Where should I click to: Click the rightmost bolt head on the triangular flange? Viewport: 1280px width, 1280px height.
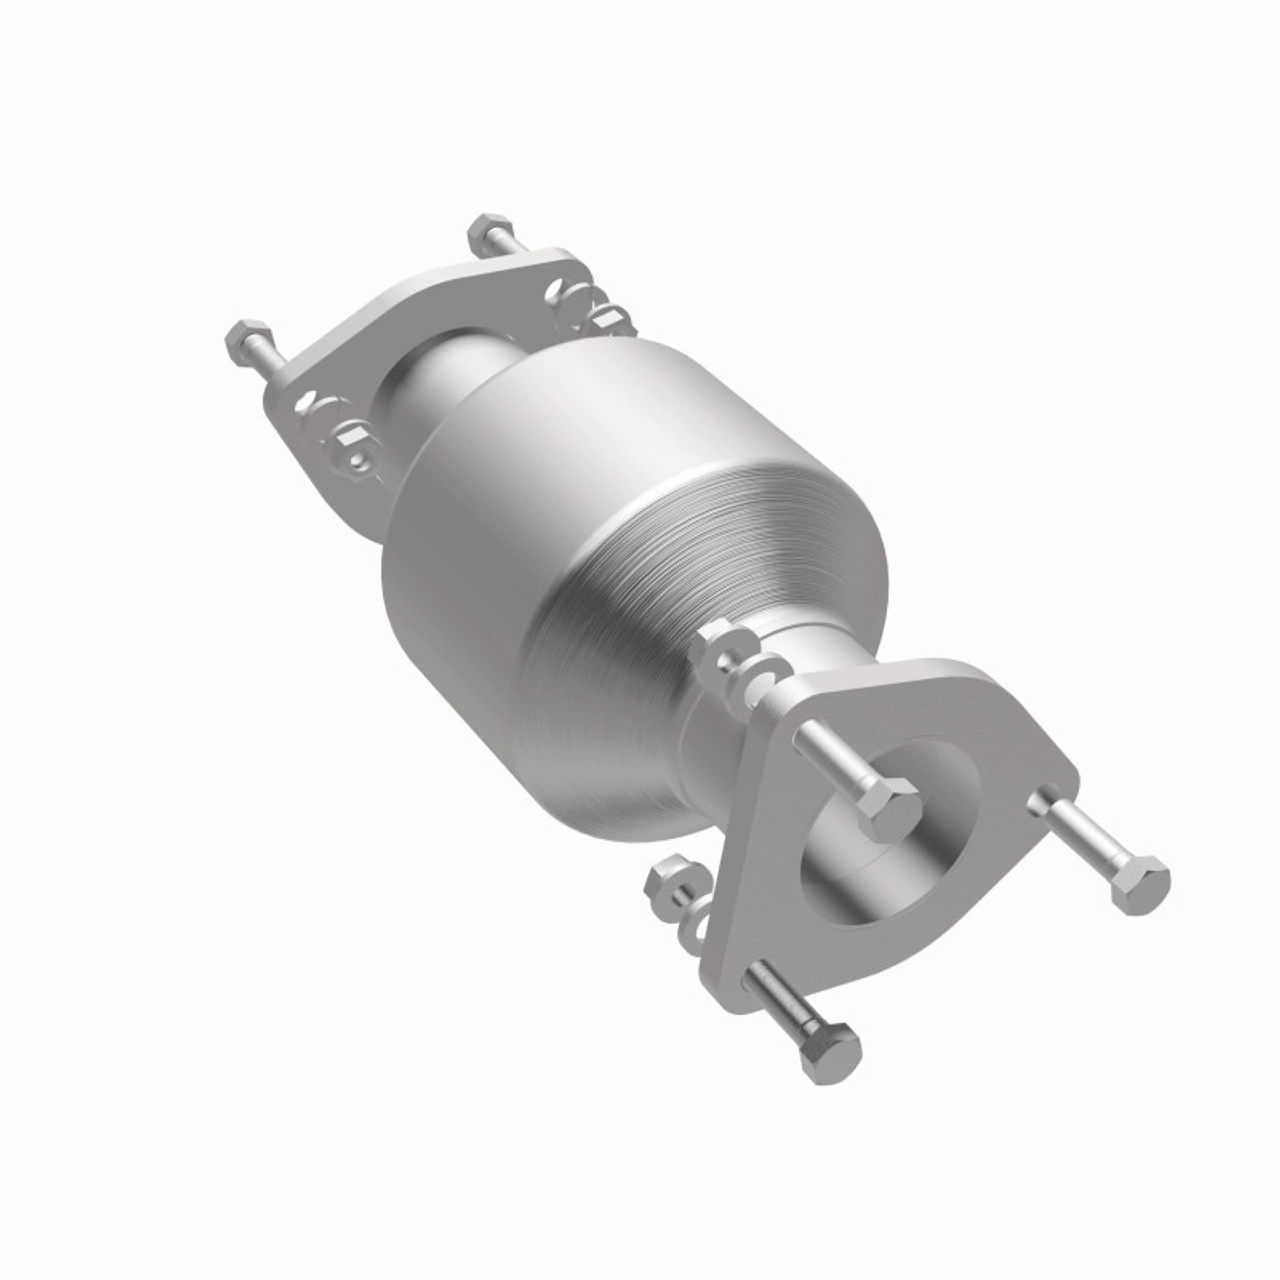tap(1140, 882)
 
